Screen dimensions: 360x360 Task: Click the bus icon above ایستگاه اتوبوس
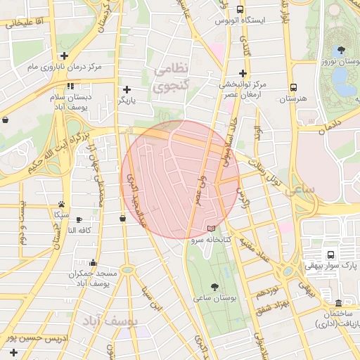pos(240,10)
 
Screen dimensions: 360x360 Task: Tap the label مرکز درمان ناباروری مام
pos(65,67)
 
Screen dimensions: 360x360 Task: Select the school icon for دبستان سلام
pos(70,86)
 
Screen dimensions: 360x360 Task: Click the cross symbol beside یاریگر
pos(127,89)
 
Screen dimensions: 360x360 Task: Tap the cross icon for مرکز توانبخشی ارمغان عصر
pos(243,73)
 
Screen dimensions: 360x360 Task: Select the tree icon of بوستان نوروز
pos(342,50)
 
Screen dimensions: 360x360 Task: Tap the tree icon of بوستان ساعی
pos(214,287)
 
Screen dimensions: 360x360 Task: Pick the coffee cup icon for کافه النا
pos(79,220)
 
